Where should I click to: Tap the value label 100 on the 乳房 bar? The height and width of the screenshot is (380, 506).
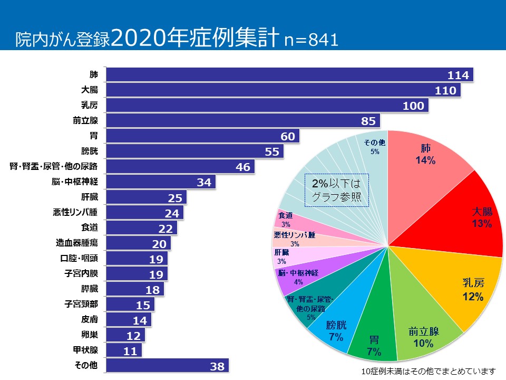click(x=413, y=106)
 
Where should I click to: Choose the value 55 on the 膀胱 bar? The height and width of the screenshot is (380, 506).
click(x=272, y=152)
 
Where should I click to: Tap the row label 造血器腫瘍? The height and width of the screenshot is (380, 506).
click(x=77, y=243)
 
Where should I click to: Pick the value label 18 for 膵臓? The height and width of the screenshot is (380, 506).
click(x=153, y=289)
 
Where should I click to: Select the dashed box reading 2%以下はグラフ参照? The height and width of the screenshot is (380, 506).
click(x=337, y=191)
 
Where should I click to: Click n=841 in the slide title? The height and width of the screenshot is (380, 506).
click(x=310, y=41)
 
